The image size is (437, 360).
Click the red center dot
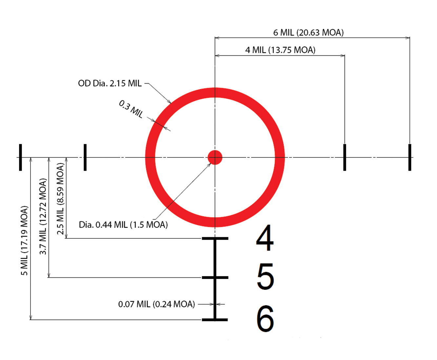tap(215, 157)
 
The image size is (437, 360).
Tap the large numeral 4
tap(265, 238)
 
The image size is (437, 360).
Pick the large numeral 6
tap(265, 319)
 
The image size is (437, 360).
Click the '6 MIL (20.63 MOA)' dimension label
tap(308, 32)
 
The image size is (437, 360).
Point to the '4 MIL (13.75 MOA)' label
tap(280, 50)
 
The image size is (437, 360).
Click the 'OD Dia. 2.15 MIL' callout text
tap(110, 83)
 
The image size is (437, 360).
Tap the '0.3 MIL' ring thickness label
tap(131, 109)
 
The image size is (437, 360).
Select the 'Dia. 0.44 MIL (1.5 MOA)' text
tap(123, 225)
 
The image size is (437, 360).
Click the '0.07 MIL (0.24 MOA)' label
tap(157, 304)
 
